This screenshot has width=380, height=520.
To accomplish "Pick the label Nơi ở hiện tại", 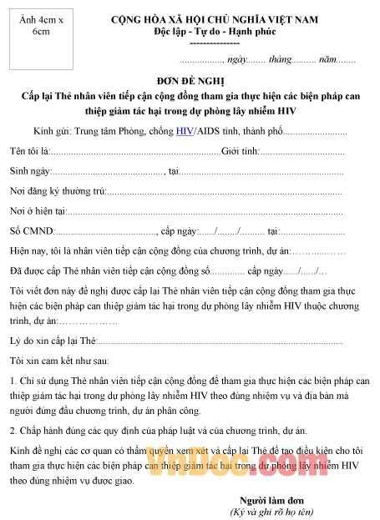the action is tap(38, 211).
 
